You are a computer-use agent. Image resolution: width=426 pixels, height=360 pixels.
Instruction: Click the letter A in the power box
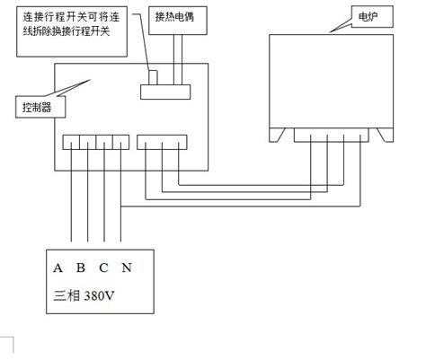58,268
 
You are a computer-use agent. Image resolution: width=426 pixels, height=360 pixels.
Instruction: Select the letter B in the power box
81,268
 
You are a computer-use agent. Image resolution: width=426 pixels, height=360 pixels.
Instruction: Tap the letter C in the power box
104,268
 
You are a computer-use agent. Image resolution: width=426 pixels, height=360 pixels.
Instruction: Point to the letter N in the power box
128,268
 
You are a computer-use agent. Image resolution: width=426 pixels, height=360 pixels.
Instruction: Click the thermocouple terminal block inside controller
164,91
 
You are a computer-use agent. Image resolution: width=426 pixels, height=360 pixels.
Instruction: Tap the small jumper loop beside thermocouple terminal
153,78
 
